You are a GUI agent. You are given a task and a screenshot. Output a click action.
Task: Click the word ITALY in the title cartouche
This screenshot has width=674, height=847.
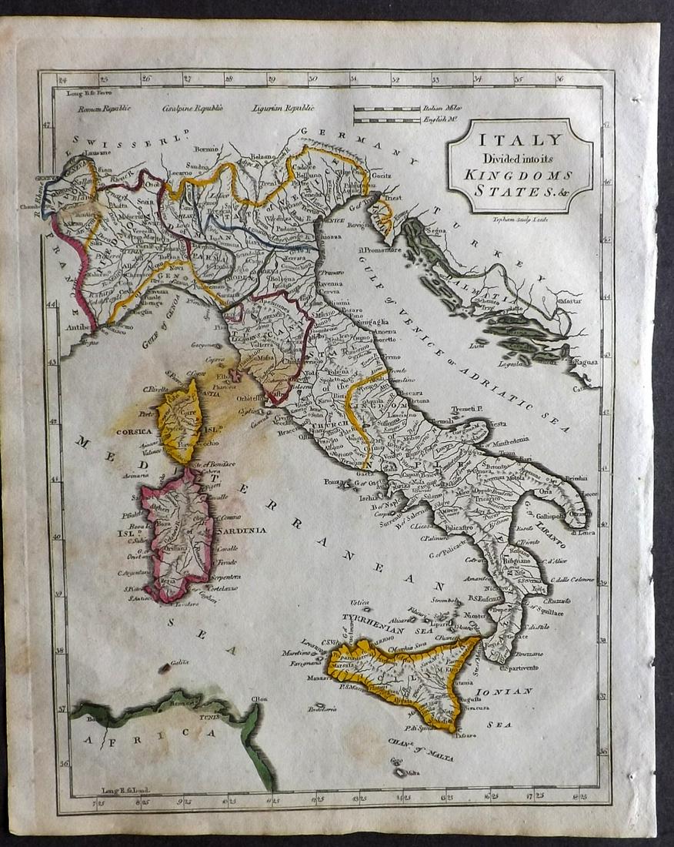click(x=522, y=140)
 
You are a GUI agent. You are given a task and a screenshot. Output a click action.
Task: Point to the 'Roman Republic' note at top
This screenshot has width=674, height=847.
click(x=104, y=109)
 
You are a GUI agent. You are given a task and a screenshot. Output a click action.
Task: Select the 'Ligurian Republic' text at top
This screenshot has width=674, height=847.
click(x=283, y=109)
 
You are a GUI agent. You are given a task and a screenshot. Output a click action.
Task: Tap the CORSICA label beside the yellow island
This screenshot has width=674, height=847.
click(x=133, y=432)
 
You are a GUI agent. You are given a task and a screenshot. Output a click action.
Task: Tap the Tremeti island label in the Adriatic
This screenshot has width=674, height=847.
click(x=465, y=409)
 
